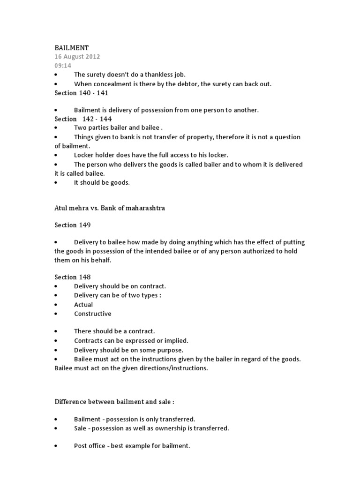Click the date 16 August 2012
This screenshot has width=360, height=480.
click(x=77, y=57)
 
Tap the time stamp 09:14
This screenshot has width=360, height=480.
click(x=62, y=66)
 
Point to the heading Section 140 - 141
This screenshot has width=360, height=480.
click(x=81, y=93)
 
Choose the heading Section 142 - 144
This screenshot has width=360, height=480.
click(x=83, y=119)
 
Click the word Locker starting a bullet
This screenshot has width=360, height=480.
click(x=84, y=154)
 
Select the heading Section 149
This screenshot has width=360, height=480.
click(x=72, y=225)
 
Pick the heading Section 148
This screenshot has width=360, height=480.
click(x=72, y=277)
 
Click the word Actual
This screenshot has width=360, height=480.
click(x=83, y=305)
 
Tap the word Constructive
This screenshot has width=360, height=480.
click(x=93, y=314)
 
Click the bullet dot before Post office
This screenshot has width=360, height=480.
click(x=56, y=446)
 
